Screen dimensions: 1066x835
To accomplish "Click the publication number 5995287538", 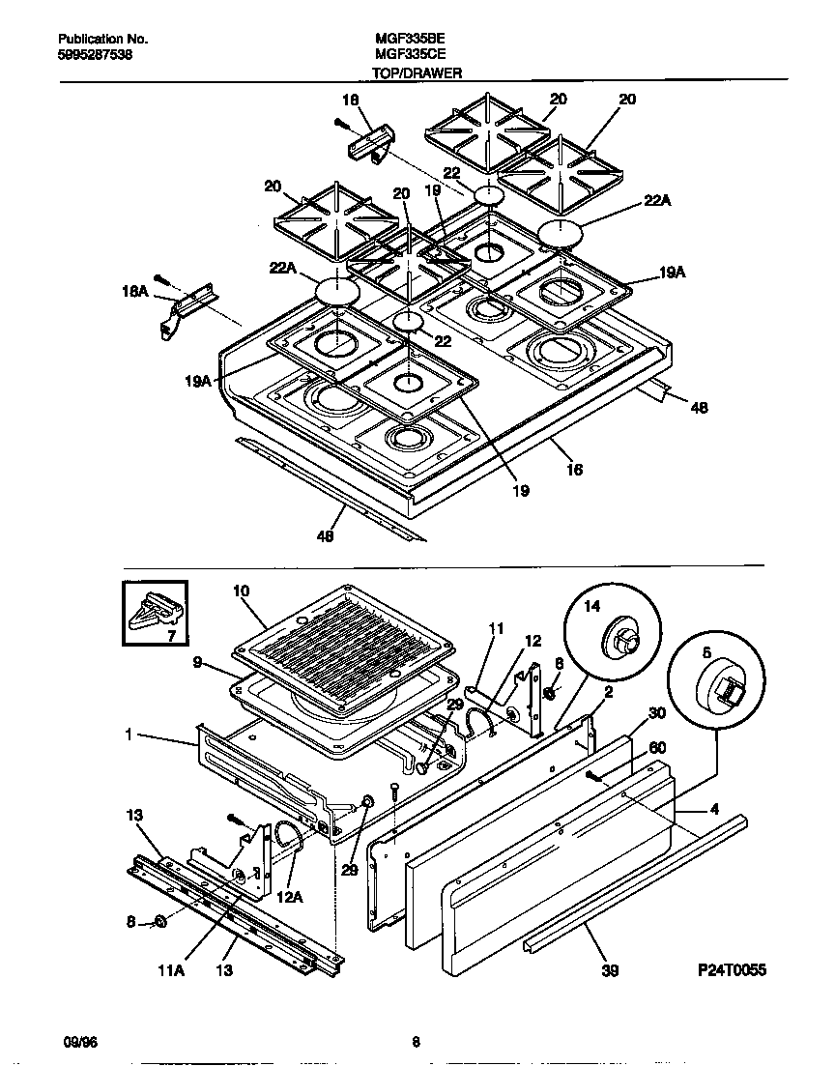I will click(96, 56).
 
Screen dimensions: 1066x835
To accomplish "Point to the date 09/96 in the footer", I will click(78, 1042).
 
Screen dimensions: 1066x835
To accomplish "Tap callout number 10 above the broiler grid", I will click(242, 590).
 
